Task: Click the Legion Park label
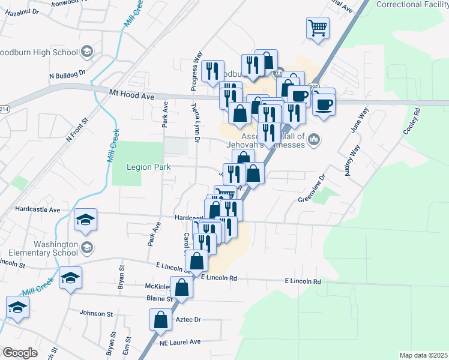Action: (149, 167)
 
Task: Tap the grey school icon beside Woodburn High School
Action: (88, 51)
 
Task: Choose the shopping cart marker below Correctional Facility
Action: (318, 27)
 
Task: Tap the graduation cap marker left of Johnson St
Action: (17, 307)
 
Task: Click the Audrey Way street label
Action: (352, 160)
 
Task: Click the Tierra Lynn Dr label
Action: (195, 124)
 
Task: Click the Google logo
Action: (20, 353)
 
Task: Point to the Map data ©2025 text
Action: (423, 355)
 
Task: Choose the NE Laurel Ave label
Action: (179, 342)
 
